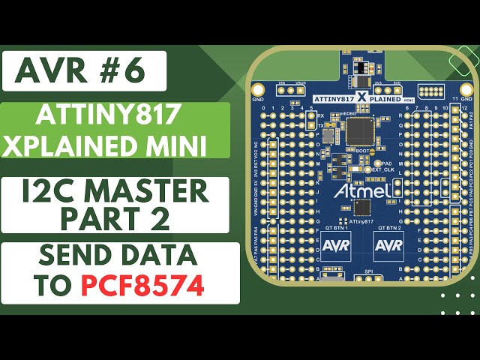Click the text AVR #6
[x=84, y=71]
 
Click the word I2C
[x=55, y=192]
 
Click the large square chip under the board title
[x=364, y=130]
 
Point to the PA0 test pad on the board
[x=378, y=163]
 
